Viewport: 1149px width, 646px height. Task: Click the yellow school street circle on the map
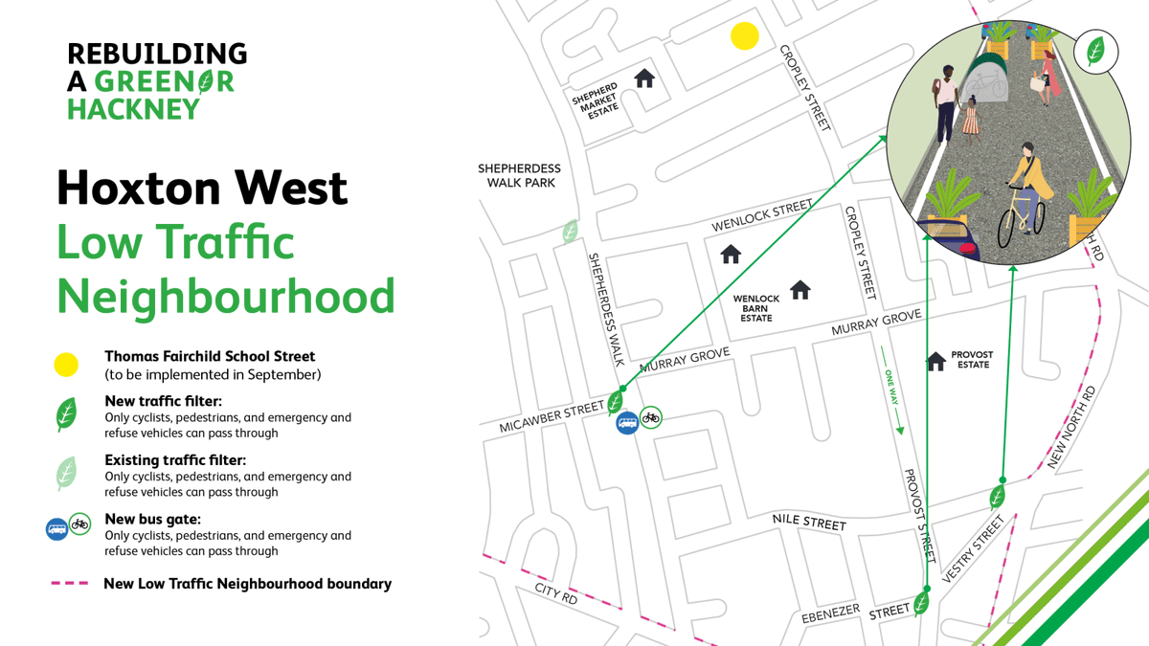click(745, 36)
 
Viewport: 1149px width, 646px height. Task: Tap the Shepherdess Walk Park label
click(519, 175)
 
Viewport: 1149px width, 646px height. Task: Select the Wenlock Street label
click(761, 216)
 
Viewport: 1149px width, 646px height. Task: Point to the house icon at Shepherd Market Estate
click(644, 78)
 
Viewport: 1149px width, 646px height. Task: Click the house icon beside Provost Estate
click(936, 361)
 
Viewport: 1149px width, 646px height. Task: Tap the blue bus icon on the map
click(627, 422)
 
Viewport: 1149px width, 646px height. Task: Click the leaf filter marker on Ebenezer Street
click(921, 604)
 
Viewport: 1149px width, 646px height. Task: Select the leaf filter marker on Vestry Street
click(997, 497)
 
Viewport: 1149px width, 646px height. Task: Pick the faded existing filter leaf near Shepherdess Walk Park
click(571, 231)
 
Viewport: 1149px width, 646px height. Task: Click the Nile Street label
click(809, 523)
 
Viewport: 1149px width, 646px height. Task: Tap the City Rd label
click(555, 593)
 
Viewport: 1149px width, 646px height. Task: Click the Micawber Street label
click(551, 419)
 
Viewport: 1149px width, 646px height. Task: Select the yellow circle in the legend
click(65, 365)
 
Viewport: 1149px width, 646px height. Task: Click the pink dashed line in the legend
click(69, 583)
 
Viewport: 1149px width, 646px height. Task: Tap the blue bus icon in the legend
click(56, 528)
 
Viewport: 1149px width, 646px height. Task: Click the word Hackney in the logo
click(133, 109)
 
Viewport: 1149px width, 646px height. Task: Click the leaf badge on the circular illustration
click(1095, 51)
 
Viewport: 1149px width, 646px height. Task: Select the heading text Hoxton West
click(202, 187)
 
